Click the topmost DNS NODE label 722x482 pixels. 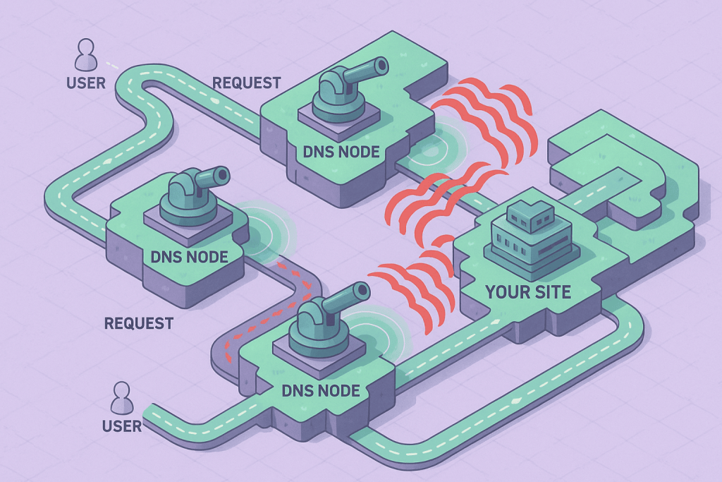(341, 151)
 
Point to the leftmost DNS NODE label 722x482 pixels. (189, 256)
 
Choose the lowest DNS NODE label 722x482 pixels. (320, 390)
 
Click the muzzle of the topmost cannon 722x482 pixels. (381, 66)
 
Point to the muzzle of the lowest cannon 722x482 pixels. (362, 289)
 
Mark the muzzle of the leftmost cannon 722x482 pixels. (223, 173)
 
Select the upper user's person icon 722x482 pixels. (86, 55)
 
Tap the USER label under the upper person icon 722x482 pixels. (86, 83)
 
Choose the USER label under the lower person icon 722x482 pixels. (122, 426)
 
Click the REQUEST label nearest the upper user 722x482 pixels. (247, 83)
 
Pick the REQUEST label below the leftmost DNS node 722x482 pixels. (138, 324)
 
